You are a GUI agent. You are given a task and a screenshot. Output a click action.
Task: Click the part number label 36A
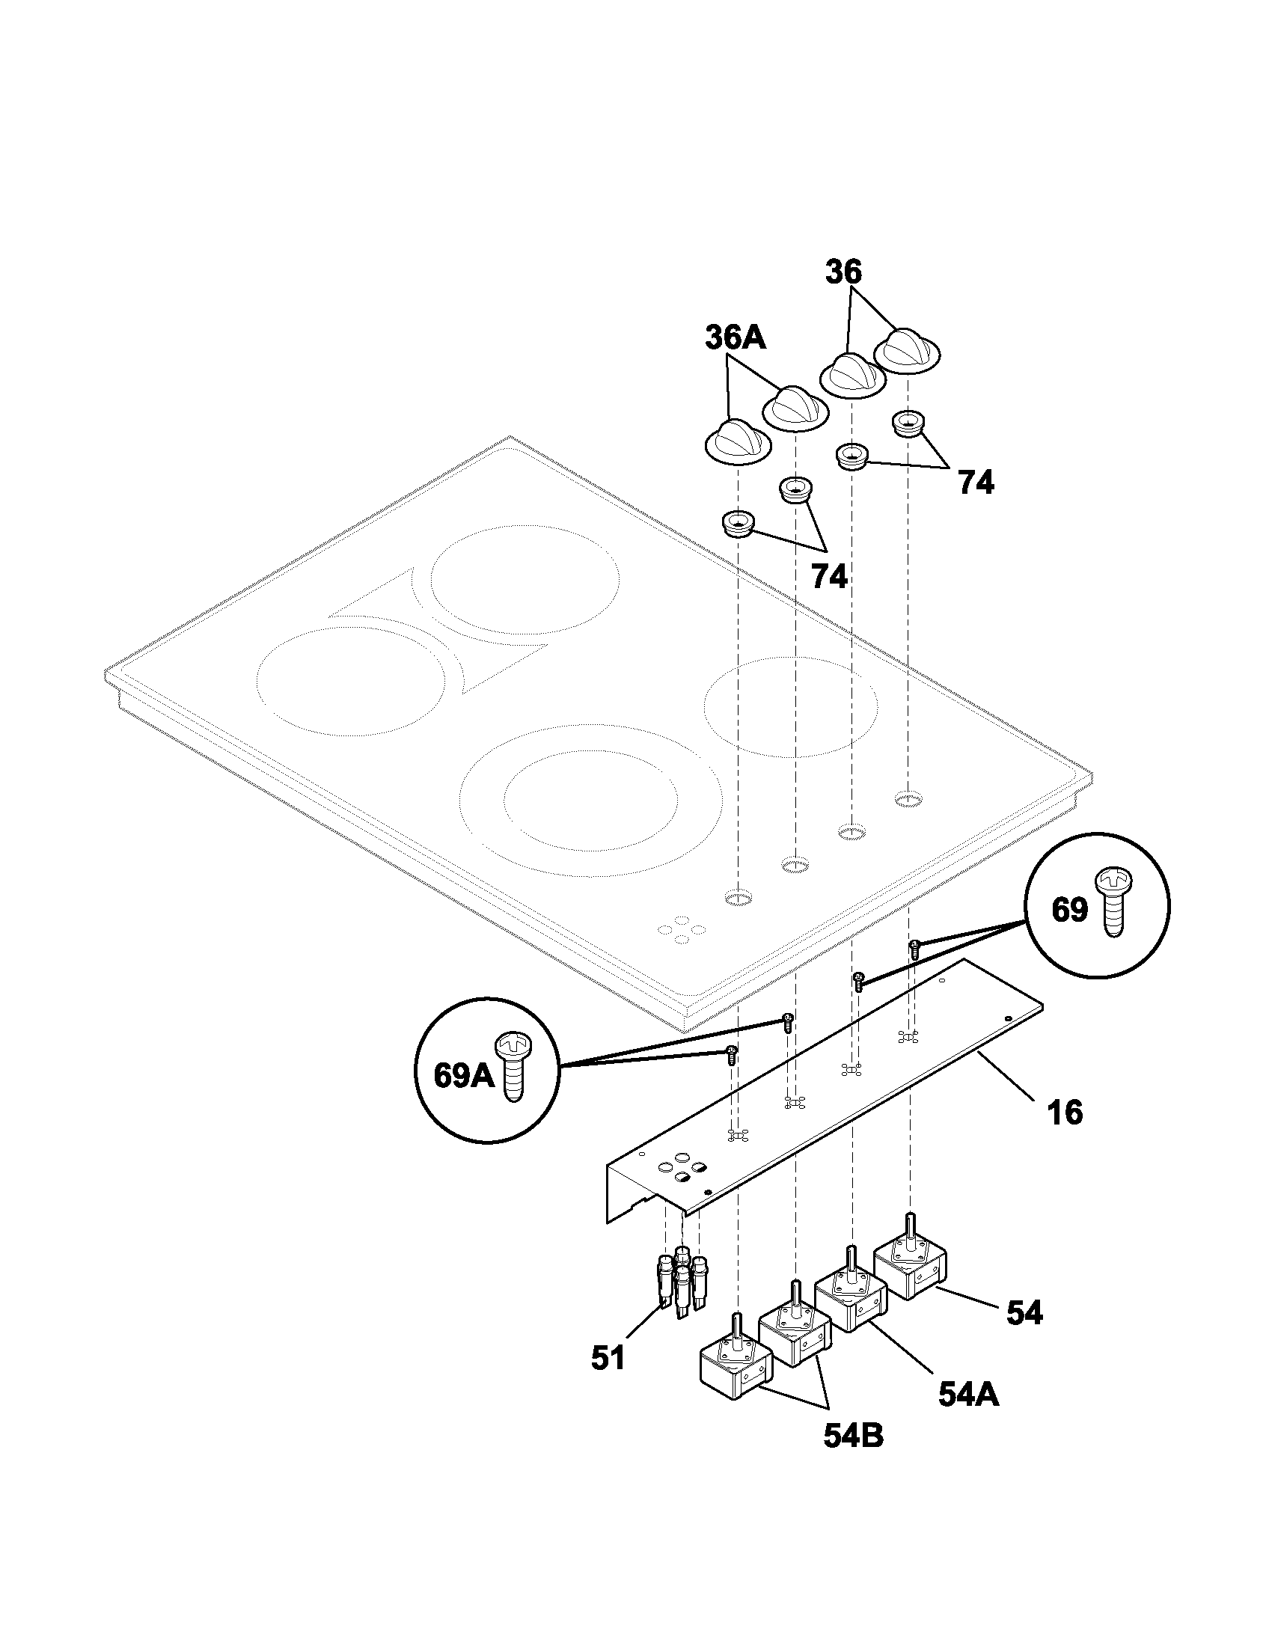tap(736, 337)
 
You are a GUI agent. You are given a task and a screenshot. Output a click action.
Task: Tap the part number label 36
tap(843, 272)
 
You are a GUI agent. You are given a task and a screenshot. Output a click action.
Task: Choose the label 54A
tap(969, 1396)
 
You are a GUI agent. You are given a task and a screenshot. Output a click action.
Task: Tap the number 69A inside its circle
tap(463, 1075)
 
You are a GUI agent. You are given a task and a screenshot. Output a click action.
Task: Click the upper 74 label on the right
tap(976, 483)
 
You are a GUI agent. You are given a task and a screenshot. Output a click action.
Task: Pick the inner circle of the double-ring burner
tap(591, 807)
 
